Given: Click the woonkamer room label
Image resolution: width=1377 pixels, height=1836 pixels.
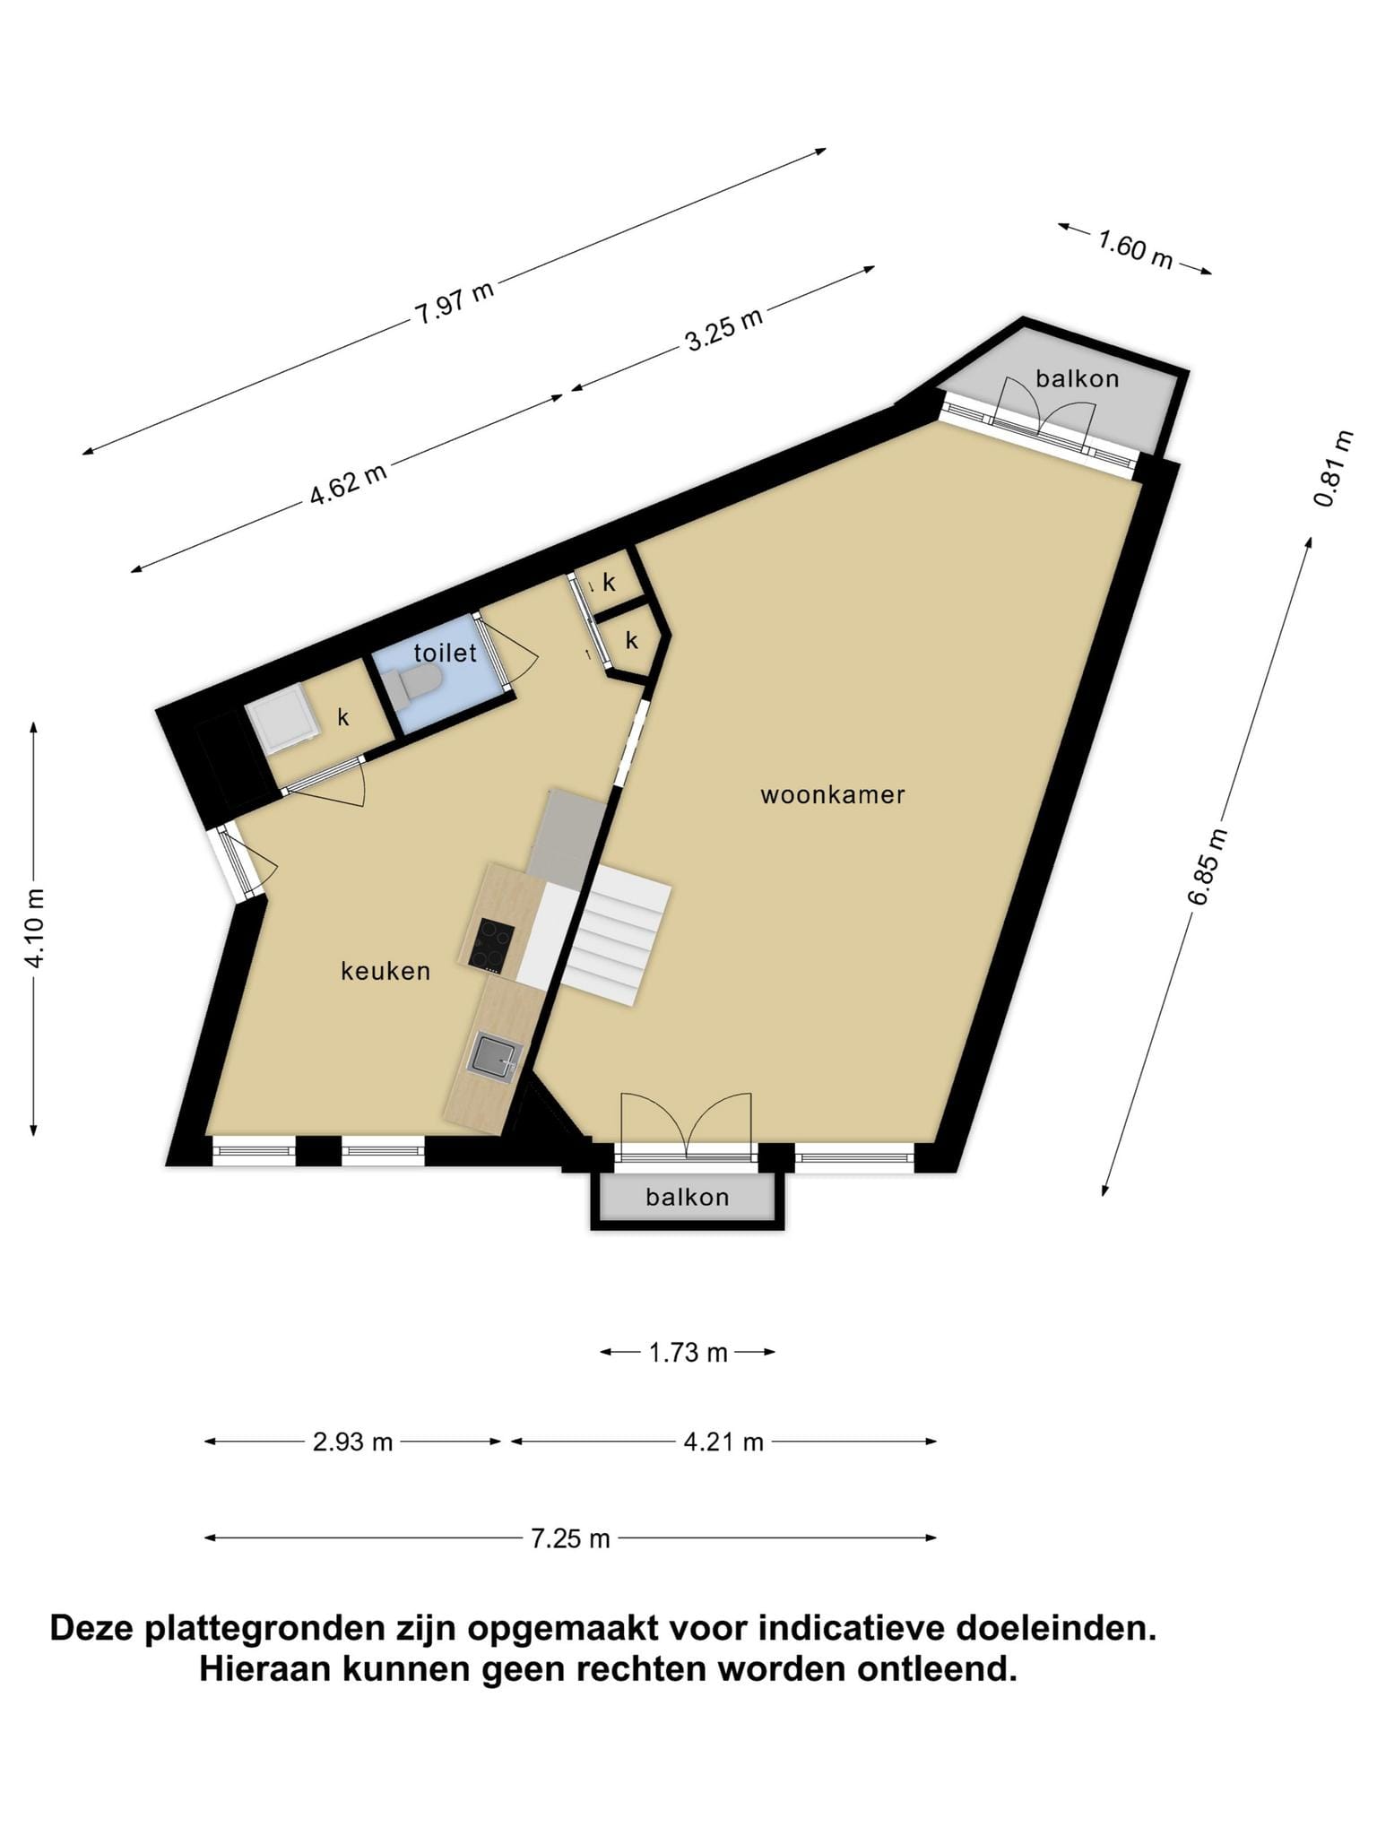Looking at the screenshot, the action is tap(833, 794).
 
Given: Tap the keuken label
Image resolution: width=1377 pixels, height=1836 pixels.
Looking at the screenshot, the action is tap(385, 971).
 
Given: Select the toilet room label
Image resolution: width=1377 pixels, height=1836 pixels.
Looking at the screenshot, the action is tap(446, 653).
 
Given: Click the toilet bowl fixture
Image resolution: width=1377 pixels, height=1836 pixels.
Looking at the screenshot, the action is tap(416, 684).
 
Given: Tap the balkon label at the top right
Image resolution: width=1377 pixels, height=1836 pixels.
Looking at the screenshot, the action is tap(1078, 378).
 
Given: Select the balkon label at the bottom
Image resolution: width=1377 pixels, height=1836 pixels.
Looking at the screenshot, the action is tap(688, 1197).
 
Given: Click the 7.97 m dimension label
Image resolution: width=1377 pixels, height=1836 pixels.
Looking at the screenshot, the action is tap(455, 304).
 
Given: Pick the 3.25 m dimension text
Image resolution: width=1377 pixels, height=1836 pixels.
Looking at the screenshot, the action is tap(724, 328).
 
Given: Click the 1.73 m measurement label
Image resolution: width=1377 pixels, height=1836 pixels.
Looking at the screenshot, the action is tap(688, 1352).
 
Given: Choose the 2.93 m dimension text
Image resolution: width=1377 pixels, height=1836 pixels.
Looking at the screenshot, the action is tap(353, 1442).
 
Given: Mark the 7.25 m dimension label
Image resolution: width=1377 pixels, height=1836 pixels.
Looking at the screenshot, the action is tap(571, 1538).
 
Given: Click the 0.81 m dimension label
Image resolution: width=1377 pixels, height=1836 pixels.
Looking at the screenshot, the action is tap(1336, 468).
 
